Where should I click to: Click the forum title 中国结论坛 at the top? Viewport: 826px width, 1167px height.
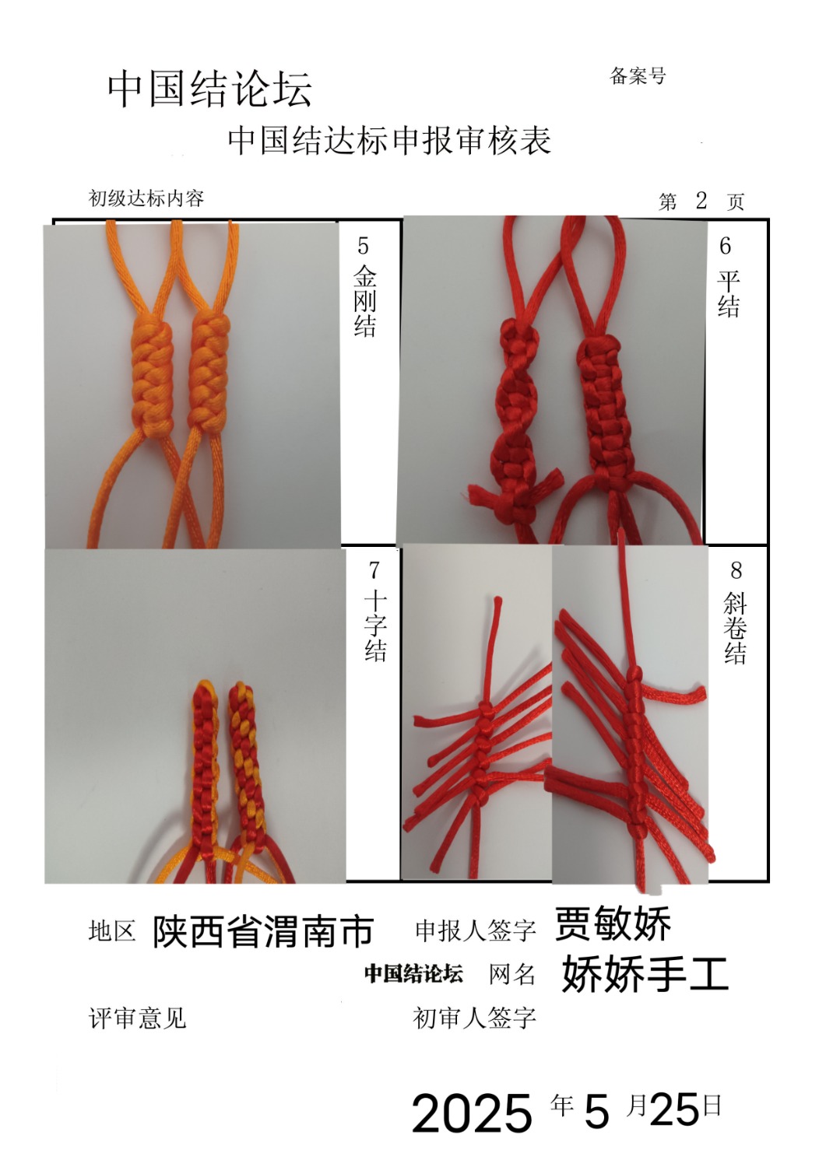pyautogui.click(x=209, y=89)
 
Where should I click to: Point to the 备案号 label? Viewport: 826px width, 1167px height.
pyautogui.click(x=638, y=76)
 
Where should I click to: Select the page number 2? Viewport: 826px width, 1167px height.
pyautogui.click(x=701, y=201)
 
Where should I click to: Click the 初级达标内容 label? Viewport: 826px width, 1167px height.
pyautogui.click(x=146, y=198)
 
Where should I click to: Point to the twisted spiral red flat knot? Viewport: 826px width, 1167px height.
pyautogui.click(x=516, y=417)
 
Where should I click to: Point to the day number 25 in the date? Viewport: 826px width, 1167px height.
pyautogui.click(x=674, y=1108)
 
